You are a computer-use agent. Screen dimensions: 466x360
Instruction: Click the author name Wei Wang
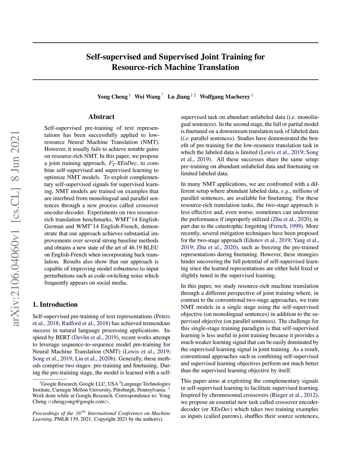(x=147, y=97)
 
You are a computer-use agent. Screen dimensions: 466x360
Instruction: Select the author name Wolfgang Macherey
(x=225, y=97)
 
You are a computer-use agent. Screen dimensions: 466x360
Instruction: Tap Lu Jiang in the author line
(x=178, y=97)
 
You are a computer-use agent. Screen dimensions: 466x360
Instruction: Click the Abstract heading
(x=101, y=117)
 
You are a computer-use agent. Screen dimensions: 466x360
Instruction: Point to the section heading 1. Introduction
(x=55, y=305)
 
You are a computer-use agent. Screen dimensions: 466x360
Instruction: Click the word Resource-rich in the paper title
(x=137, y=67)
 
